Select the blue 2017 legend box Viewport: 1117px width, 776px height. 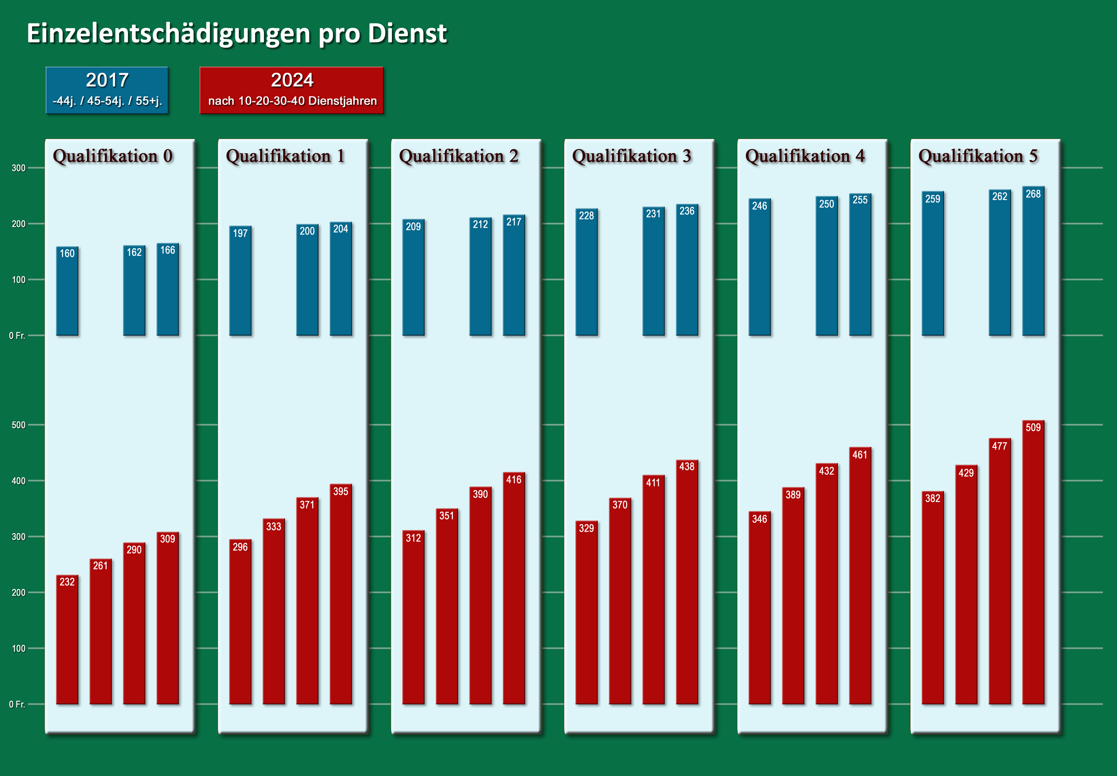(107, 90)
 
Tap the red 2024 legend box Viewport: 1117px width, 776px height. (292, 90)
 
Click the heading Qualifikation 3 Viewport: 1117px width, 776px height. (631, 156)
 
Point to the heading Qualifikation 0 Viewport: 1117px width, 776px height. (113, 156)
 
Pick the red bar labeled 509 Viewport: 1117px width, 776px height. (1033, 564)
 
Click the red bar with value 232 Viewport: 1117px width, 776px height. (67, 642)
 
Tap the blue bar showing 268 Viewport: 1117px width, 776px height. (1033, 263)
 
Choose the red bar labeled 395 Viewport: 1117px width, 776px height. (341, 596)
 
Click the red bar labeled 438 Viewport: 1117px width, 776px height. (687, 583)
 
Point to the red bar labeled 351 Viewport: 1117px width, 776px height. (447, 608)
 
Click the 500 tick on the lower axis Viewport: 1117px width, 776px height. (19, 425)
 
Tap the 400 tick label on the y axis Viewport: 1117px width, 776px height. (19, 481)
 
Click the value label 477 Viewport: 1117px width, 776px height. (999, 446)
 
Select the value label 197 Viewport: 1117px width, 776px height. (240, 233)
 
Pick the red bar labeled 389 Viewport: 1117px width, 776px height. (793, 598)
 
